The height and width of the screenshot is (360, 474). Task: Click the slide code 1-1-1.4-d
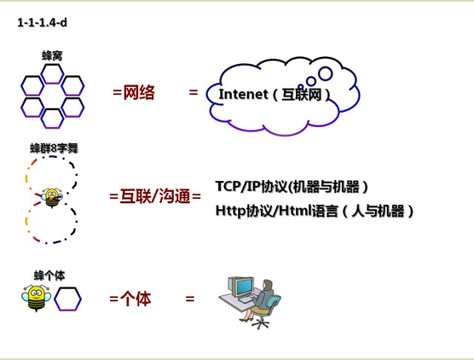tap(42, 23)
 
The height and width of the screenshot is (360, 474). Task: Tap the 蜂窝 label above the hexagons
tap(52, 56)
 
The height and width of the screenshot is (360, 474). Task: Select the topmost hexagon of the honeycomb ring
tap(52, 73)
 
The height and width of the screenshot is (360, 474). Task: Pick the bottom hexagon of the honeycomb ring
tap(52, 119)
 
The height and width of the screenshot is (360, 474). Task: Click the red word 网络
tap(139, 92)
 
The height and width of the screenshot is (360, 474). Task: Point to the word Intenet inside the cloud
tap(243, 95)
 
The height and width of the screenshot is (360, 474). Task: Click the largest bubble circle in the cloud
tap(326, 73)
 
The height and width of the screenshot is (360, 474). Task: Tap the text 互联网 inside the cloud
tap(302, 95)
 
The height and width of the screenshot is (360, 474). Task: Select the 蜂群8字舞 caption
tap(54, 148)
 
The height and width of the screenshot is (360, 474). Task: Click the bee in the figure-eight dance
tap(52, 198)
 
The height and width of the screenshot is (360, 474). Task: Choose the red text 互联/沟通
tap(155, 196)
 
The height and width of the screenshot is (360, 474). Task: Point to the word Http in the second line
tap(231, 211)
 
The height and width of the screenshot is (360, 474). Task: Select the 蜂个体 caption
tap(49, 276)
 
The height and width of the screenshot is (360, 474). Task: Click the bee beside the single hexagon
tap(37, 298)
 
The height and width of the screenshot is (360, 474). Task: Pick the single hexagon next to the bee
tap(67, 299)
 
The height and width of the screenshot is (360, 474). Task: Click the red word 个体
tap(136, 299)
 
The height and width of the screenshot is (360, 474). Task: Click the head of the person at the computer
tap(267, 285)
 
